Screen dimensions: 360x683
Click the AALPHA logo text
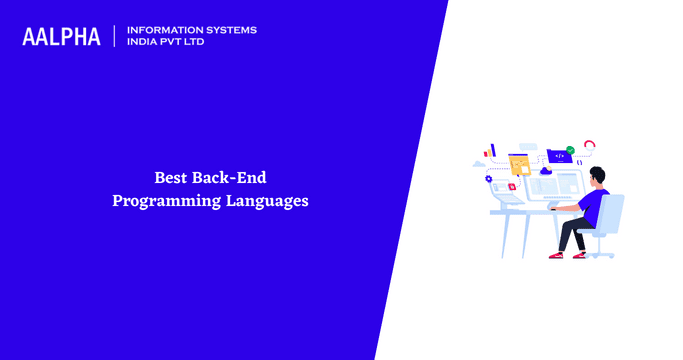pyautogui.click(x=61, y=37)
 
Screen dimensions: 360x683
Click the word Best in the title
pyautogui.click(x=170, y=177)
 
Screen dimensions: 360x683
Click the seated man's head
pyautogui.click(x=598, y=177)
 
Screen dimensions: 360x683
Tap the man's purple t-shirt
pyautogui.click(x=594, y=205)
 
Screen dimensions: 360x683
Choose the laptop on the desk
pyautogui.click(x=509, y=200)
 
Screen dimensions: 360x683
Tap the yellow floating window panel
pyautogui.click(x=519, y=163)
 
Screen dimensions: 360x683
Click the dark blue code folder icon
pyautogui.click(x=558, y=155)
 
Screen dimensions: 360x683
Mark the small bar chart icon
pyautogui.click(x=491, y=151)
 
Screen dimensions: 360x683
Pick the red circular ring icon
pyautogui.click(x=590, y=146)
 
